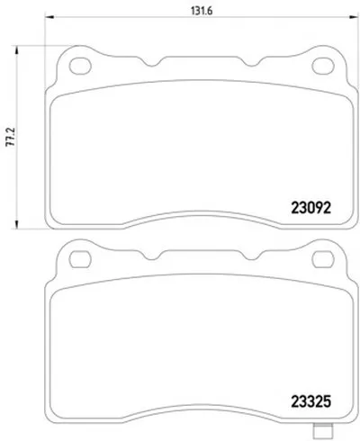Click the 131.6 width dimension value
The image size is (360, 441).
(x=202, y=11)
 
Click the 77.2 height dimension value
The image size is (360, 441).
(x=11, y=137)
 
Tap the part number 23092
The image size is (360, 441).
(x=311, y=208)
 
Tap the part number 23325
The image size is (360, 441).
(x=311, y=401)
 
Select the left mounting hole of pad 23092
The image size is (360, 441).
(x=80, y=66)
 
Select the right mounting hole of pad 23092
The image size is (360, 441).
(x=323, y=66)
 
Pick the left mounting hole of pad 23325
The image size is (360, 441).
(x=80, y=259)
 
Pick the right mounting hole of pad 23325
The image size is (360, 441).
(x=323, y=259)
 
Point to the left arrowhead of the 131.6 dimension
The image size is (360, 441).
(x=49, y=17)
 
